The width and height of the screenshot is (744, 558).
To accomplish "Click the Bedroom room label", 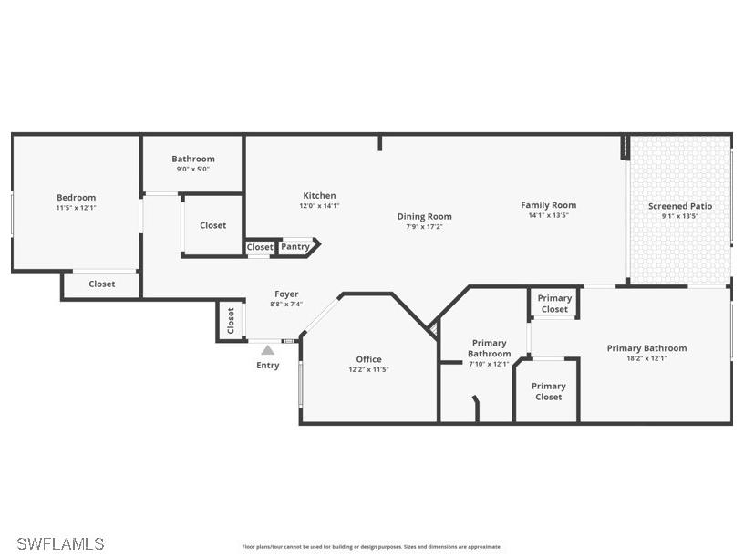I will (76, 197).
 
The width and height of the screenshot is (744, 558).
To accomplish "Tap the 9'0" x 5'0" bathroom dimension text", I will (193, 169).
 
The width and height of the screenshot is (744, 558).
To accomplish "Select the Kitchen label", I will (319, 195).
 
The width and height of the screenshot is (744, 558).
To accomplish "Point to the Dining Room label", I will (424, 216).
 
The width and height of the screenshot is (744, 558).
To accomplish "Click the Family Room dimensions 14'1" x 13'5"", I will (548, 216).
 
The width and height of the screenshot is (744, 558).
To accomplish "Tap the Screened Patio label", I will (680, 206).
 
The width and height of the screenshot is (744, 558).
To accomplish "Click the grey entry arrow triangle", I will (267, 349).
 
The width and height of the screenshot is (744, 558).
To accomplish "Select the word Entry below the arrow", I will (267, 366).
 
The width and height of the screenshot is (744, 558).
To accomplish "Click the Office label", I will (368, 359).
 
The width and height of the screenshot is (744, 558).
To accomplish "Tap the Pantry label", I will (294, 246).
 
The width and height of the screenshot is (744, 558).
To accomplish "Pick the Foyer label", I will (286, 294).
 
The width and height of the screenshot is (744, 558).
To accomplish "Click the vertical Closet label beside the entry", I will (231, 321).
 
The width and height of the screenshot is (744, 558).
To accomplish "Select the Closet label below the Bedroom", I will (102, 284).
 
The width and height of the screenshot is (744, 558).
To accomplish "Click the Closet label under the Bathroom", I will (212, 225).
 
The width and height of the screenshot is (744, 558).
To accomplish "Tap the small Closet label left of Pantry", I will (259, 247).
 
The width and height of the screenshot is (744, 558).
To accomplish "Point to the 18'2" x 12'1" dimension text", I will (646, 358).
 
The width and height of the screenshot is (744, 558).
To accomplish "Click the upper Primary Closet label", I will (554, 304).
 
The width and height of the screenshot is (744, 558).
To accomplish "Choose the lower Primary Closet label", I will (548, 391).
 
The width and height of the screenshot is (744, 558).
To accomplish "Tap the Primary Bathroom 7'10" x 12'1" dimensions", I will (489, 364).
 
